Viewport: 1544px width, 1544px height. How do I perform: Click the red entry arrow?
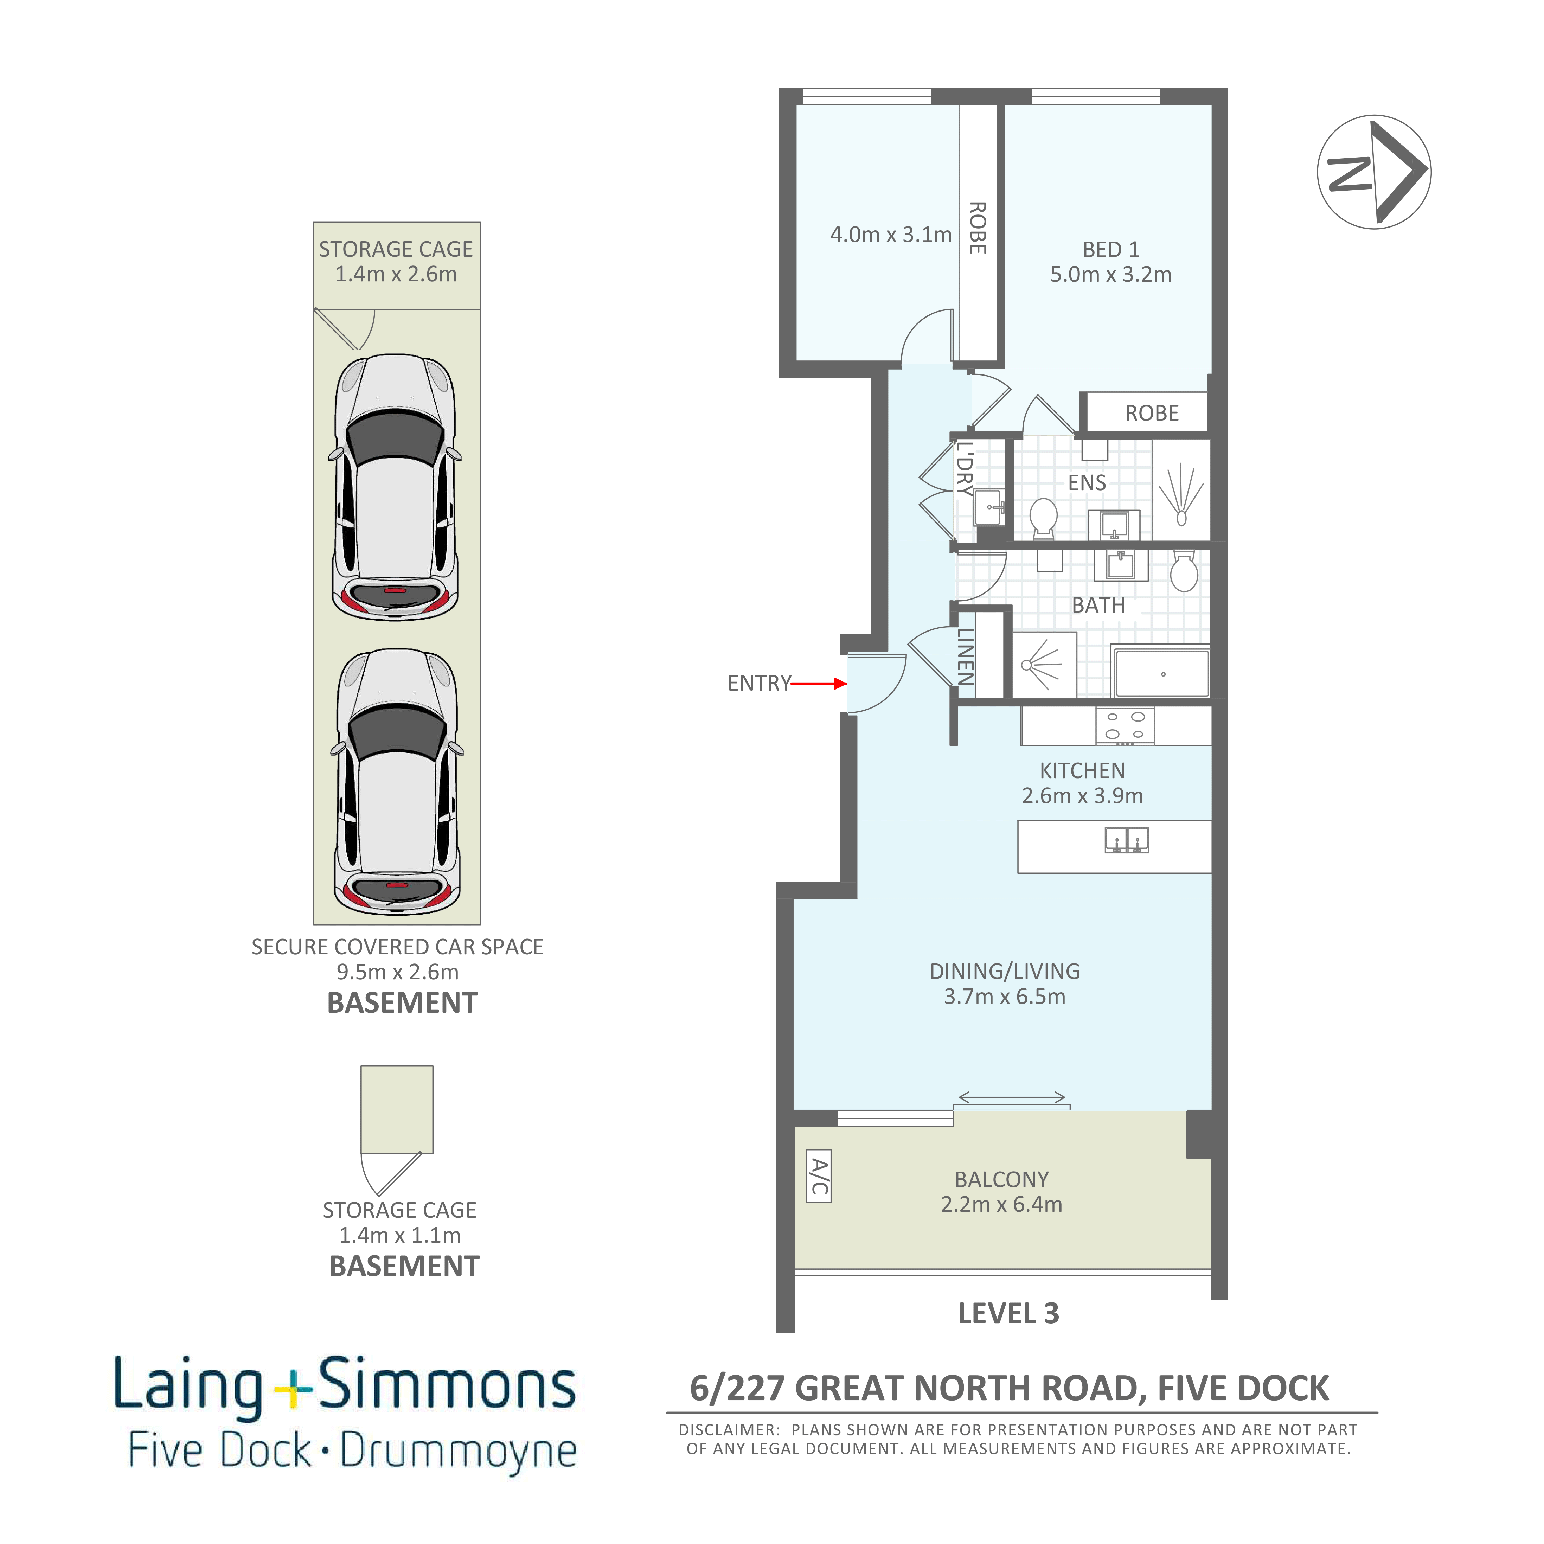pyautogui.click(x=819, y=683)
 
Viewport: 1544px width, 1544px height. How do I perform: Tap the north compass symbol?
pyautogui.click(x=1374, y=172)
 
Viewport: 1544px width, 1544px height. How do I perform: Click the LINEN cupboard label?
pyautogui.click(x=966, y=656)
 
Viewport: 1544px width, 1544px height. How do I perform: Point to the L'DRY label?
pyautogui.click(x=966, y=469)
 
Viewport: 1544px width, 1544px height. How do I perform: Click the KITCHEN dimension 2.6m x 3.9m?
pyautogui.click(x=1082, y=795)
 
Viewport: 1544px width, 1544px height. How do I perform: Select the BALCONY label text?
pyautogui.click(x=1001, y=1180)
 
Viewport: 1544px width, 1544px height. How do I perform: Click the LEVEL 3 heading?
pyautogui.click(x=1008, y=1313)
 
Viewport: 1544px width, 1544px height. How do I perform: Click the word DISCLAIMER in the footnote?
pyautogui.click(x=728, y=1430)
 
